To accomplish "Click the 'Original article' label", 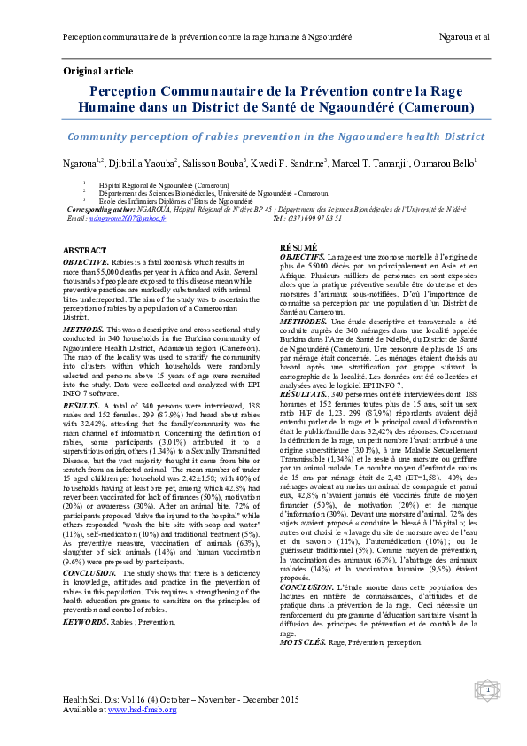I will click(97, 71).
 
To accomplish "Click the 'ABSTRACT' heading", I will click(85, 252).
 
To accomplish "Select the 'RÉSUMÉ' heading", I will click(298, 246).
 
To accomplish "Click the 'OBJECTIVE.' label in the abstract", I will click(86, 263).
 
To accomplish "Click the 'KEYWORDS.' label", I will click(86, 573).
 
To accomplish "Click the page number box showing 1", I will click(486, 688).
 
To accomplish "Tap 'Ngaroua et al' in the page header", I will click(464, 37).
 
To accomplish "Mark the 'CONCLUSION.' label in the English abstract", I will click(89, 524).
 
